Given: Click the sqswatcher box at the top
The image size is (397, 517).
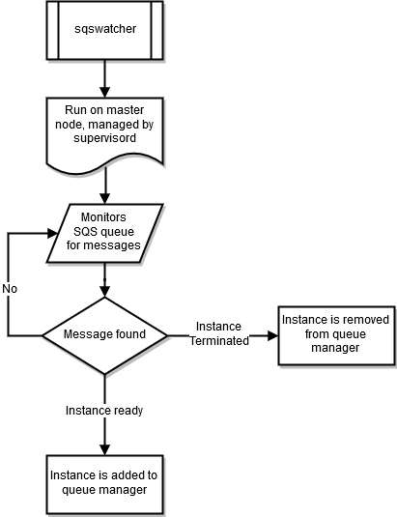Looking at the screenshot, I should (x=104, y=29).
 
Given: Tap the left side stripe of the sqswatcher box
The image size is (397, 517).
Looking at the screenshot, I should (x=53, y=29).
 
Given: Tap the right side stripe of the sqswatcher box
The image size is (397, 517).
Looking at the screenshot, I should (x=156, y=29).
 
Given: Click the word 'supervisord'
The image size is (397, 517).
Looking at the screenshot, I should (x=104, y=139).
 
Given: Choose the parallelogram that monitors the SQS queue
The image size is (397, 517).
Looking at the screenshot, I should (x=104, y=232).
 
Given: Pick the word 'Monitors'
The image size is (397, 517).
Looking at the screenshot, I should (x=103, y=218).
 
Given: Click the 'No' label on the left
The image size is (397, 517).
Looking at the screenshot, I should (x=10, y=289).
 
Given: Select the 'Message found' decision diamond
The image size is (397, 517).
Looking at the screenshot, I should (x=104, y=334).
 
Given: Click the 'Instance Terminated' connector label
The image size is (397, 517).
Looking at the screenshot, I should (x=218, y=333).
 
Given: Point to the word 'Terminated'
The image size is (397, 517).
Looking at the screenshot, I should (x=218, y=340).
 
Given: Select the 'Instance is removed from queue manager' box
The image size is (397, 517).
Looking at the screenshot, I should (x=334, y=333).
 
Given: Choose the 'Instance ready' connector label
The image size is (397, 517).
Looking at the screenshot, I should (x=104, y=411).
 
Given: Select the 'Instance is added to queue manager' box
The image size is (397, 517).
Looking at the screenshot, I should (x=104, y=483).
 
